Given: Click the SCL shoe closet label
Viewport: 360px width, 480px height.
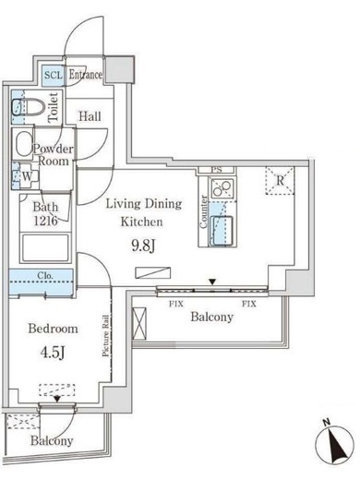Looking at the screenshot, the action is (54, 75).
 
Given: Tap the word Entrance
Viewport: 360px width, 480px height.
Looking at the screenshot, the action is (85, 75).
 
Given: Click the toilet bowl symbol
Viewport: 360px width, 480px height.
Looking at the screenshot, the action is (29, 108).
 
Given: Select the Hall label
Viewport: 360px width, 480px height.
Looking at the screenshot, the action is (90, 116).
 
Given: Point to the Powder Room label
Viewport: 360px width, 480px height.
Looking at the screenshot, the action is (54, 155).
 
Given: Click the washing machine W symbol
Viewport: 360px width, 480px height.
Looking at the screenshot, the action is (27, 176).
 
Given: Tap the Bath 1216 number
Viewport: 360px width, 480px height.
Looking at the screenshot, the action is (45, 221).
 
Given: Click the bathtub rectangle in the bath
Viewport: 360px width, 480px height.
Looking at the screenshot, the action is (45, 248).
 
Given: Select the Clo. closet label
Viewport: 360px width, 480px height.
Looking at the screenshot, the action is (45, 275).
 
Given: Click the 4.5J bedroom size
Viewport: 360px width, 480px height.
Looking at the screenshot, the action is (53, 353).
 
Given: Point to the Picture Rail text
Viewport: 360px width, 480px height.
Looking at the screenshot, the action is (105, 335).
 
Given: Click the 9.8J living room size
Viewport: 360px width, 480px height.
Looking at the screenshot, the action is (143, 246).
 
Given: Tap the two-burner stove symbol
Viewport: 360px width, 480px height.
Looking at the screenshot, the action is (222, 188).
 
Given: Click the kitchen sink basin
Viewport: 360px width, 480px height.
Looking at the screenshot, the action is (222, 231).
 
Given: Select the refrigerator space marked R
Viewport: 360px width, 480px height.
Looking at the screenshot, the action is (280, 181).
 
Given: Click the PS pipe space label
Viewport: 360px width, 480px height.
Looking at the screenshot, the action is (217, 170).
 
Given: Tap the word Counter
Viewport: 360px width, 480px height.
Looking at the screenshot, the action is (203, 211).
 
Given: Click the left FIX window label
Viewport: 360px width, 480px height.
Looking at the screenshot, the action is (176, 304).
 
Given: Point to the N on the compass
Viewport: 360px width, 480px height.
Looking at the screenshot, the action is (327, 422).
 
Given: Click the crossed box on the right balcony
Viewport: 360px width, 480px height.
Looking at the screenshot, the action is (139, 324).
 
